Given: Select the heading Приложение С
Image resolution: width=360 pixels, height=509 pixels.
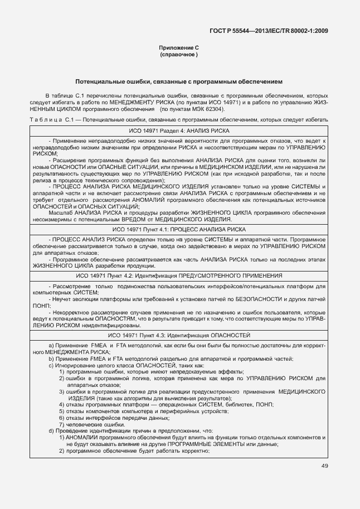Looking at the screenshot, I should [x=179, y=49].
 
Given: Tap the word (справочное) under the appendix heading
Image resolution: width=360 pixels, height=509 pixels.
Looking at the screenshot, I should [x=179, y=55].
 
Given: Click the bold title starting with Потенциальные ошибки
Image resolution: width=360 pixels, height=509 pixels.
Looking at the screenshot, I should [x=179, y=81].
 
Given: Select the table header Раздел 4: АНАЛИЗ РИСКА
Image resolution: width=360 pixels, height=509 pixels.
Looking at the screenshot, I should [x=179, y=129].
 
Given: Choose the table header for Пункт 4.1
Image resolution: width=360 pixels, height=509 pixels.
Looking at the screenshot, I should [x=179, y=229].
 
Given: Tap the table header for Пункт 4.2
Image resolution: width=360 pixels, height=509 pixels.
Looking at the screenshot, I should [x=179, y=275].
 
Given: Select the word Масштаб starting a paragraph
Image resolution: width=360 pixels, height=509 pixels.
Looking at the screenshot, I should [x=60, y=214].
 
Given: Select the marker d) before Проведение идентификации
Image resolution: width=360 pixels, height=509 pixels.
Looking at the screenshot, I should [x=51, y=431].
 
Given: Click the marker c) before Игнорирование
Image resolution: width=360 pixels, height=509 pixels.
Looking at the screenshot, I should [x=51, y=365].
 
